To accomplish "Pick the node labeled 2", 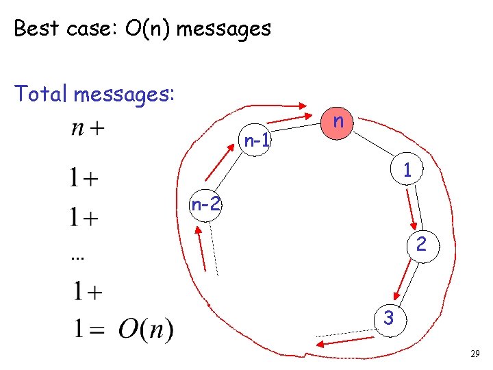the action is [x=422, y=245].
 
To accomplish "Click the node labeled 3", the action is [x=388, y=318].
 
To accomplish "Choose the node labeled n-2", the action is [x=206, y=204].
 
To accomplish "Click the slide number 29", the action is [x=475, y=354].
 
